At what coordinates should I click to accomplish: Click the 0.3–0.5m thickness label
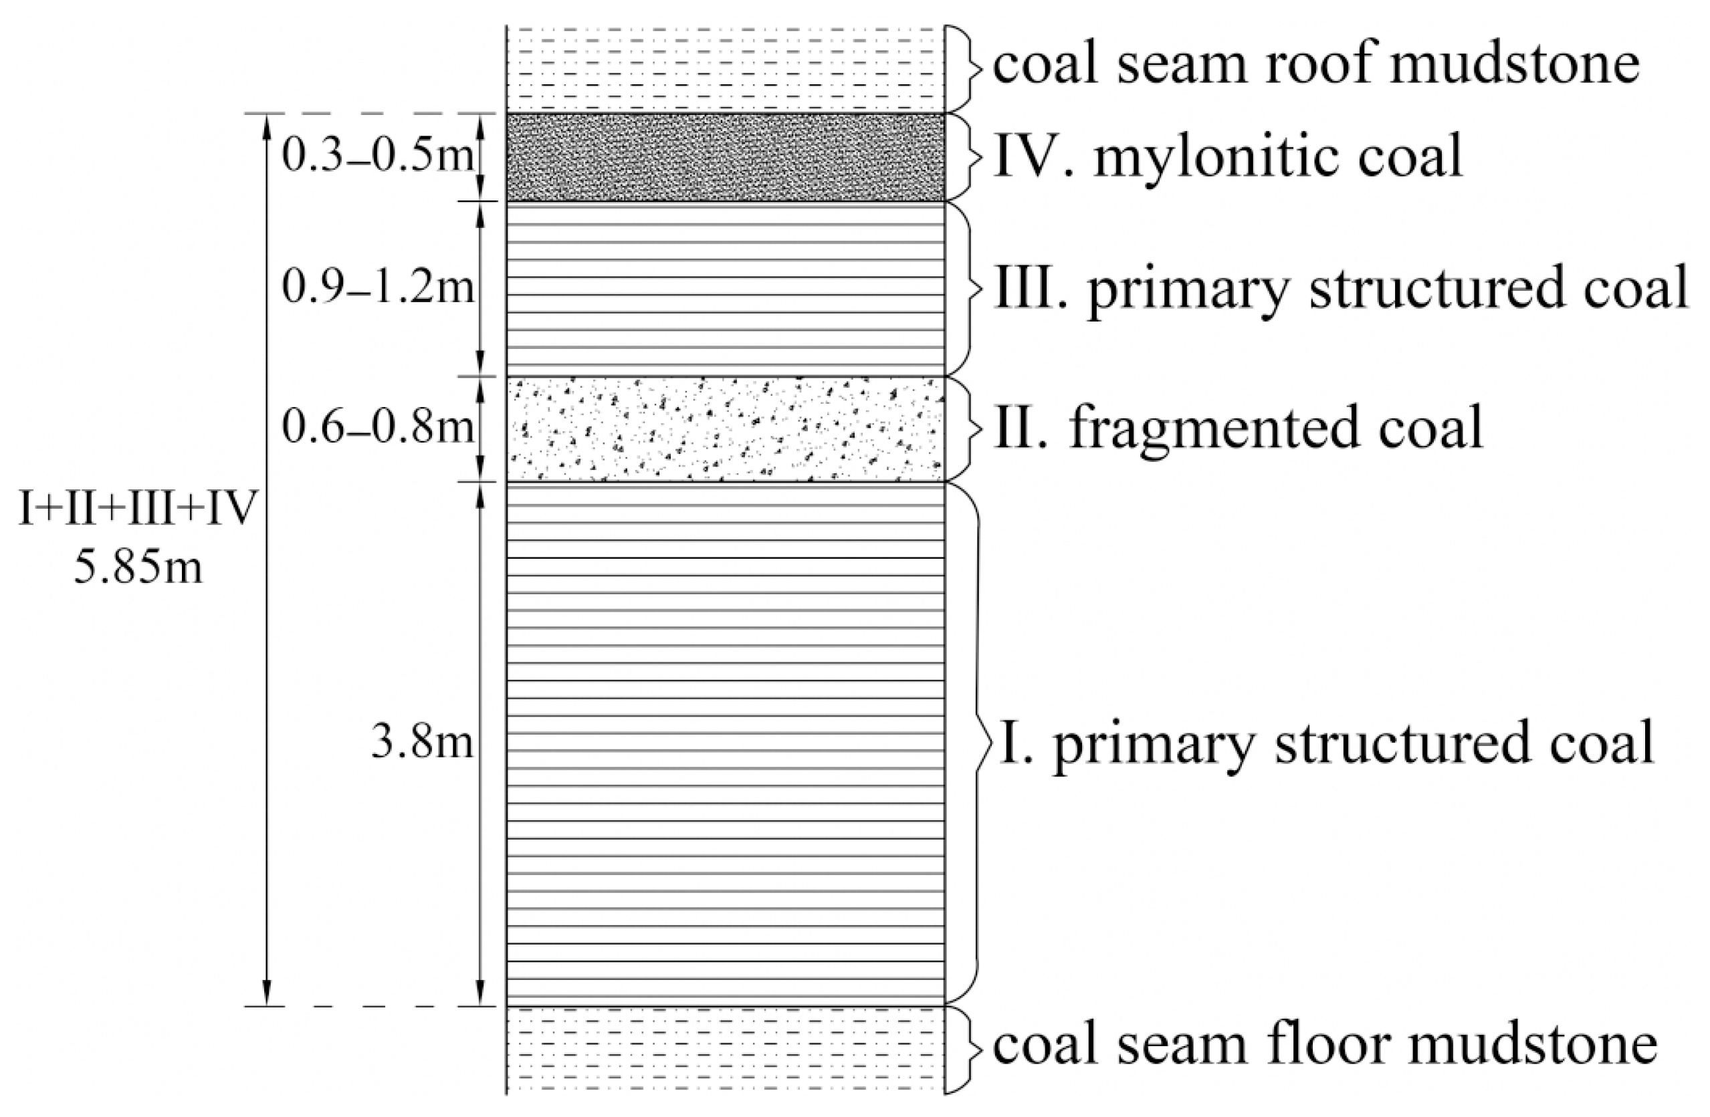(378, 154)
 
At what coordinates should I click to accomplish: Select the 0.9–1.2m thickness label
(378, 287)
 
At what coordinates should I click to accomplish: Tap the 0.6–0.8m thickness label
(378, 426)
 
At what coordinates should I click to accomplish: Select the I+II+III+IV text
(138, 509)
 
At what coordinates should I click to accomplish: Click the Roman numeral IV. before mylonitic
(1035, 156)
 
